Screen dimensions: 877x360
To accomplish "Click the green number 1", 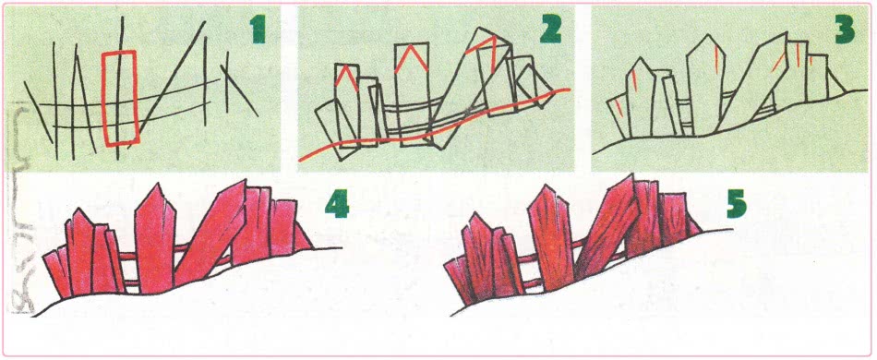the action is [258, 30].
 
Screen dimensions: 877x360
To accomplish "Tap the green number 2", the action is [551, 30].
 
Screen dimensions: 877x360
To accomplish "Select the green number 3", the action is [845, 30].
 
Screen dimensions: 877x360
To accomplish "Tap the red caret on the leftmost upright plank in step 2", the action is [346, 78].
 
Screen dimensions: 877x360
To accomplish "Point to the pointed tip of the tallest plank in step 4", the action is [155, 184].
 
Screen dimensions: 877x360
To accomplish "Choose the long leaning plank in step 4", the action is [210, 234].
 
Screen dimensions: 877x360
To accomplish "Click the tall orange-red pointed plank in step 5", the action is [550, 238].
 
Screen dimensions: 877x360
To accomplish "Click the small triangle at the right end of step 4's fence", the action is [303, 237].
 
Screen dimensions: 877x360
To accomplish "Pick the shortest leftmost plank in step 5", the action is [459, 280].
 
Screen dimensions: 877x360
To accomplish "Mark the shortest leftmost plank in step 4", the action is [57, 273].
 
